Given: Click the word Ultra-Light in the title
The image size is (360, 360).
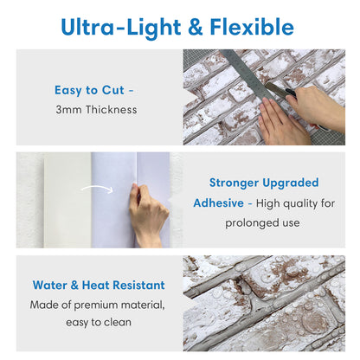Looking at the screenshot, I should pyautogui.click(x=116, y=26).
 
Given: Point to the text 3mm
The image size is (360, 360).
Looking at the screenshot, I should pyautogui.click(x=68, y=110).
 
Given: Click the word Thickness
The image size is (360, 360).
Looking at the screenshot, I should pyautogui.click(x=110, y=110).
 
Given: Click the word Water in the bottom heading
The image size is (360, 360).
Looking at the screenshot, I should pyautogui.click(x=53, y=284).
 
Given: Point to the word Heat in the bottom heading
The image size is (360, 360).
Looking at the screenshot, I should pyautogui.click(x=96, y=284).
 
